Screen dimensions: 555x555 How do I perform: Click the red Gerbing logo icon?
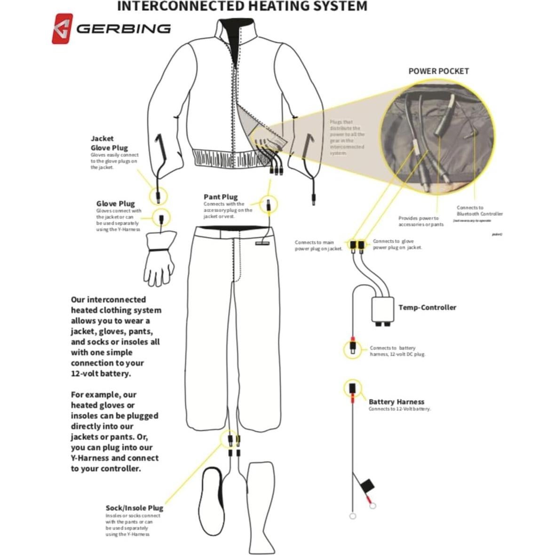point(62,29)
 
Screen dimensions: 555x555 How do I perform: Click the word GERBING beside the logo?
point(123,29)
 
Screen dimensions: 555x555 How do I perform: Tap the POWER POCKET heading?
point(438,71)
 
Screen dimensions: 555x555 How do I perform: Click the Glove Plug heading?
point(115,204)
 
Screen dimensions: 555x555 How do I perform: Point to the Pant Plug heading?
point(221,197)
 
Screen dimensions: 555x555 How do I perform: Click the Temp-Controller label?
point(427,307)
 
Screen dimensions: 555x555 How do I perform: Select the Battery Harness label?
point(396,402)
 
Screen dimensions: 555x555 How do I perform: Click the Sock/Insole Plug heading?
point(134,507)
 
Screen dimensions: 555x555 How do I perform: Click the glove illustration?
point(159,259)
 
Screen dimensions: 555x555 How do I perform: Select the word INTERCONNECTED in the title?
point(180,6)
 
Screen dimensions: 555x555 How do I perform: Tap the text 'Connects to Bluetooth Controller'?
point(479,211)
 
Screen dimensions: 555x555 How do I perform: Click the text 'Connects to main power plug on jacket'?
point(318,246)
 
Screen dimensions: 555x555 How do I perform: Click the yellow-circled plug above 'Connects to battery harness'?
point(352,349)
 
